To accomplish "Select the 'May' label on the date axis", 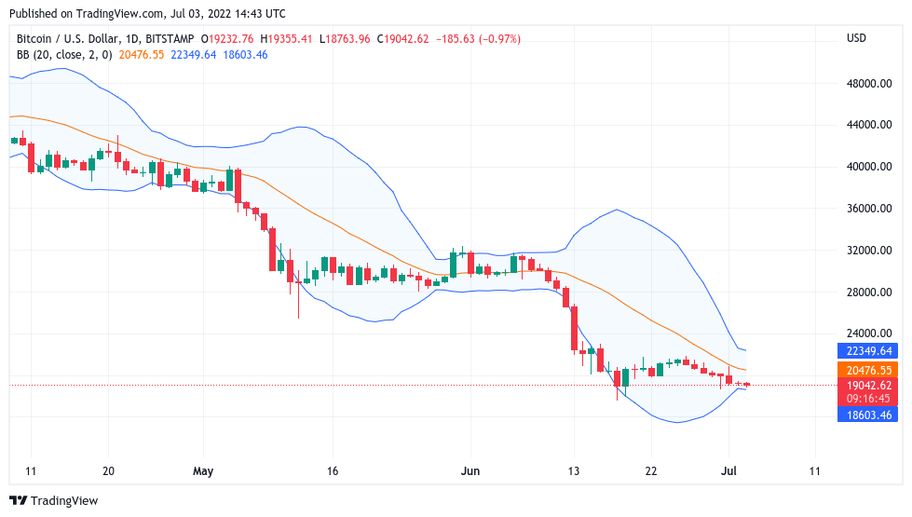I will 203,471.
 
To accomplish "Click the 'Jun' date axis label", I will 471,471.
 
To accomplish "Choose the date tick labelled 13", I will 575,471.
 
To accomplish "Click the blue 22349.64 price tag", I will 870,351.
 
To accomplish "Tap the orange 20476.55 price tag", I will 870,370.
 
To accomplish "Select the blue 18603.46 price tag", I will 870,415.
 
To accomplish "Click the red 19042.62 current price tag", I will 870,385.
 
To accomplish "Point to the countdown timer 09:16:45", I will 870,398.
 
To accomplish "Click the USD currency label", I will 856,38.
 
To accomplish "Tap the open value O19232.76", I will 230,39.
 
